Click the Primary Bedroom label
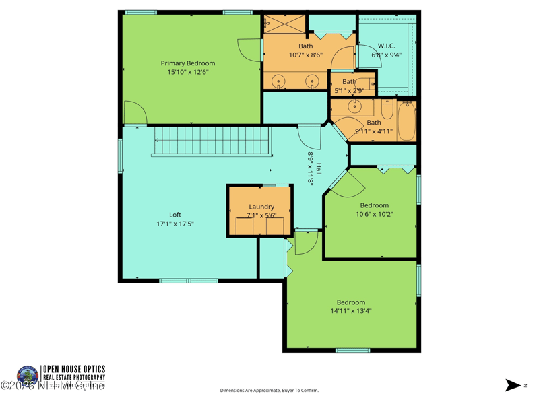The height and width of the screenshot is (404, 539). click(188, 63)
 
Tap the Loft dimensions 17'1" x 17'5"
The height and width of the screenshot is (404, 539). click(175, 224)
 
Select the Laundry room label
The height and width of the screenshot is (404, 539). click(261, 207)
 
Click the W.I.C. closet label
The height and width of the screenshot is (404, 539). click(386, 46)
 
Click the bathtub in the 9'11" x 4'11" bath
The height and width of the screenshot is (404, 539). click(406, 121)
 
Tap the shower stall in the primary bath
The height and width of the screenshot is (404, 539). click(284, 23)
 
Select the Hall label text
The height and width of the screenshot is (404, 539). click(319, 169)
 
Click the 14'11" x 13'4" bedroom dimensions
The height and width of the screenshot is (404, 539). click(350, 311)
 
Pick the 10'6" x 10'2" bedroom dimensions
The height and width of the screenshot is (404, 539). click(374, 215)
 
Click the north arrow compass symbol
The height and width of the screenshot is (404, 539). click(513, 385)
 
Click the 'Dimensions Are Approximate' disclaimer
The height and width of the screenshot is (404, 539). click(269, 391)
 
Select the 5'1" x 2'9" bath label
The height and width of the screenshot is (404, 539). click(349, 81)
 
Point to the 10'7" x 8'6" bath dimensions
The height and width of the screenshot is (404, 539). click(306, 55)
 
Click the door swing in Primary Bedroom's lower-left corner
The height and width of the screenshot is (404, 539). click(134, 114)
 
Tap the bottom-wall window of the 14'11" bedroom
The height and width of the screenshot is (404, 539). click(352, 350)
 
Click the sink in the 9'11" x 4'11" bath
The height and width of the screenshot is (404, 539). click(355, 106)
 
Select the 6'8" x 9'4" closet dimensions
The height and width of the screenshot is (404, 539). click(386, 55)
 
